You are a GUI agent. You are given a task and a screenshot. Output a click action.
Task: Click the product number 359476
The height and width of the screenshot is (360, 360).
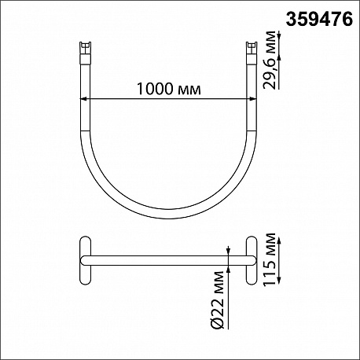(319, 20)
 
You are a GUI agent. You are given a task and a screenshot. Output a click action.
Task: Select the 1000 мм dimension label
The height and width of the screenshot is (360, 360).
(169, 89)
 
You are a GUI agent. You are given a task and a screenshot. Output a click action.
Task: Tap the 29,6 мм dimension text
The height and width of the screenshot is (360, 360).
(270, 61)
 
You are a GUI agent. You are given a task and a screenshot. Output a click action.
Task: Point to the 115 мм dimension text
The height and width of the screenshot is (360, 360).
(270, 259)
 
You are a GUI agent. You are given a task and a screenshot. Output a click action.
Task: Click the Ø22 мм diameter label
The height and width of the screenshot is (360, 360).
(218, 300)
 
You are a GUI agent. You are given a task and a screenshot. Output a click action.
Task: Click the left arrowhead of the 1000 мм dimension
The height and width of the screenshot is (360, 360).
(83, 98)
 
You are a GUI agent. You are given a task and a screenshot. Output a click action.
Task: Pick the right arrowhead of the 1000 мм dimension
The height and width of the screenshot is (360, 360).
(252, 98)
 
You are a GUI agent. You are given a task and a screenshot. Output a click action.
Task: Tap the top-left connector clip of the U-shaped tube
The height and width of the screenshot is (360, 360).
(85, 52)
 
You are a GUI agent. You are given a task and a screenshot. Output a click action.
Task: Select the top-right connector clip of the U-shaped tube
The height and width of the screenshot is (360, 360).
(252, 52)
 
